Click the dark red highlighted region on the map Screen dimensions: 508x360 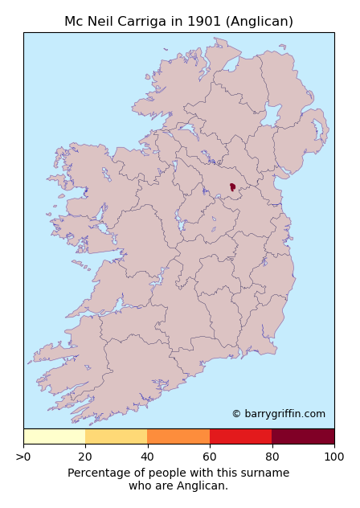232,187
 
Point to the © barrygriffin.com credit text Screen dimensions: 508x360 278,414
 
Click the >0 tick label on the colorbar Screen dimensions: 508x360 23,457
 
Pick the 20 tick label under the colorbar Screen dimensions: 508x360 85,457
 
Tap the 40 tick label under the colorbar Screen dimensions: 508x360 147,457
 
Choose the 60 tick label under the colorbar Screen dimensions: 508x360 210,457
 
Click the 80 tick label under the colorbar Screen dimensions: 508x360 272,457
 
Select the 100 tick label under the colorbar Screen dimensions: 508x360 333,457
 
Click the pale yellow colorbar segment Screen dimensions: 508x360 54,436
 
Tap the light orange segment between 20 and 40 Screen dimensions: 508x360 117,436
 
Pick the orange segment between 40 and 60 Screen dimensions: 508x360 178,436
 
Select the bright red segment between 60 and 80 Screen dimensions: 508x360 240,436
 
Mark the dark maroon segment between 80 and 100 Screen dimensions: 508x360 303,436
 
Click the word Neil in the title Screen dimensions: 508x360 112,22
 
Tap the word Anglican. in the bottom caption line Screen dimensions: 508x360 204,485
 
